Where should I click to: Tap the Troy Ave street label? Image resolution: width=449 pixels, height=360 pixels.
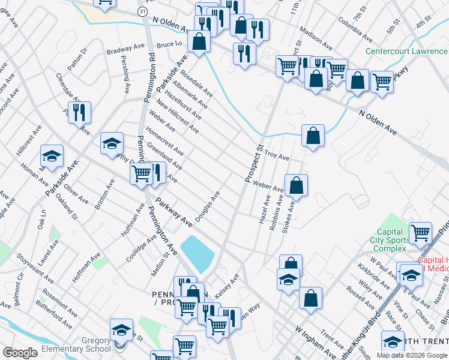coord(277,157)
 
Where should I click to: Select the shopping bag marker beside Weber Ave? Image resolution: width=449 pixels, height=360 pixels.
coord(296,186)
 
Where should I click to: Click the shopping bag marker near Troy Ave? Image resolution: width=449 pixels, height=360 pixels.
coord(313,136)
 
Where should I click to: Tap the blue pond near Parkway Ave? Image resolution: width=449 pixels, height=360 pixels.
coord(197,252)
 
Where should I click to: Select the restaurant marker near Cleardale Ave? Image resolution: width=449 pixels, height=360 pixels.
coord(79,112)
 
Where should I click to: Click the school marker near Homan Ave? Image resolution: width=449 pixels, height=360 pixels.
coord(52,157)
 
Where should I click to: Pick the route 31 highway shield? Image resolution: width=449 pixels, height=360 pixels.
coord(141,11)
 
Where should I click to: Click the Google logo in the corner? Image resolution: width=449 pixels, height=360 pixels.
coord(20,353)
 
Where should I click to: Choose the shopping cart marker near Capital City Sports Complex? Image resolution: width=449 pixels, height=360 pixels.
coord(420,233)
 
